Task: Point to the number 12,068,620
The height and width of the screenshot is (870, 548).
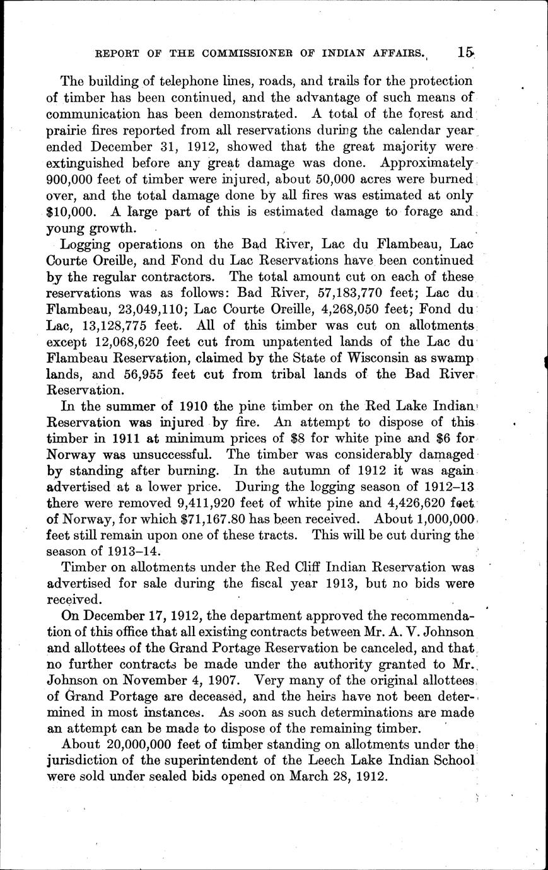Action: pos(129,342)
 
